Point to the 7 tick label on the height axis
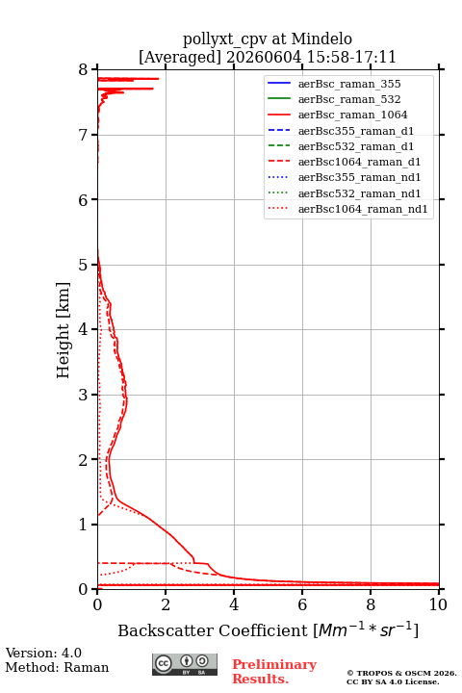[84, 135]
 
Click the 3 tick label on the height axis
[84, 395]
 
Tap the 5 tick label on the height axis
[84, 265]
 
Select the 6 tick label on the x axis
[302, 604]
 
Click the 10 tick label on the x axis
[438, 604]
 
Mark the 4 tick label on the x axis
[234, 604]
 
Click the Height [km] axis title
[64, 330]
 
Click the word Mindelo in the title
[321, 38]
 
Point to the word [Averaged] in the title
[180, 57]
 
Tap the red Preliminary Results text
[274, 672]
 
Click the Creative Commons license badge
[185, 664]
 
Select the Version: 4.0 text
[43, 653]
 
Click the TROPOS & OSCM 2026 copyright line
[402, 673]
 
